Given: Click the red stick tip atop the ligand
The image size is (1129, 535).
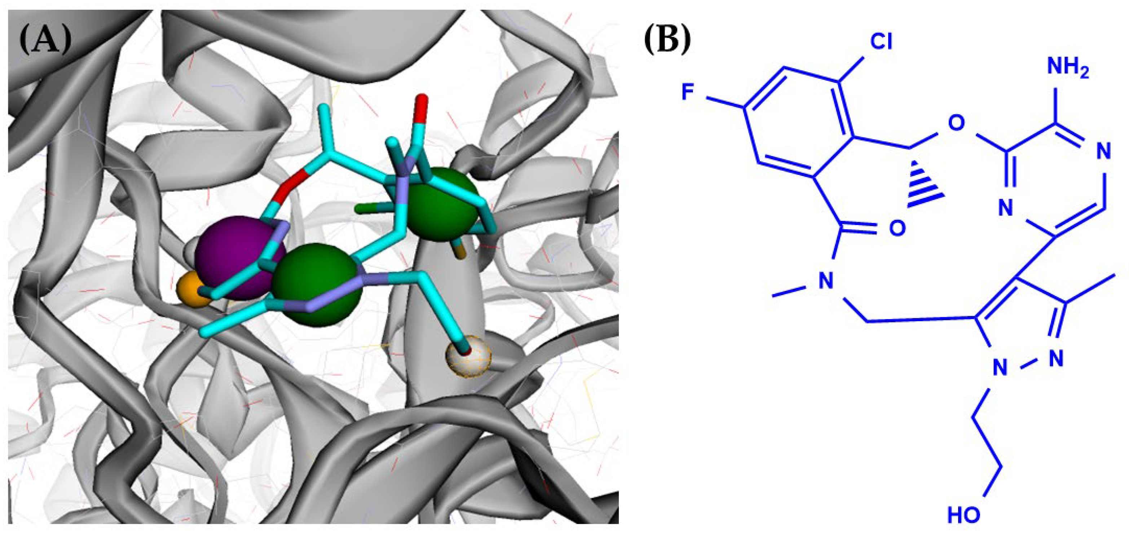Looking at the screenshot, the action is pyautogui.click(x=422, y=103).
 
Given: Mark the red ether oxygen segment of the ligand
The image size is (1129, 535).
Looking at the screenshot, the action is pyautogui.click(x=291, y=184).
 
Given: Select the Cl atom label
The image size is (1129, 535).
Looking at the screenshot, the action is pyautogui.click(x=881, y=43).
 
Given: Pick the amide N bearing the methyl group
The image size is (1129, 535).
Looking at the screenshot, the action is pyautogui.click(x=826, y=280).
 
